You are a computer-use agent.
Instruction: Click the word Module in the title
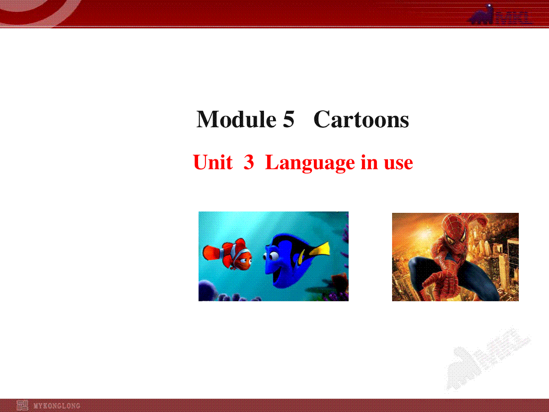237,119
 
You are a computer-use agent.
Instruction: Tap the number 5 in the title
289,119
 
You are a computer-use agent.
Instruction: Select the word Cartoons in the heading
361,119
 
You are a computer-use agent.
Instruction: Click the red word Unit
213,162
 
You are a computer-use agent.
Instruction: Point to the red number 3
248,162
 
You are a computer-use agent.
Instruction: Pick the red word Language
310,163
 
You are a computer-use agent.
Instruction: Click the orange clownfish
227,254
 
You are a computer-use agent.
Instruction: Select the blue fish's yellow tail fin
320,249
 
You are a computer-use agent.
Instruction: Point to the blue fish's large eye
274,255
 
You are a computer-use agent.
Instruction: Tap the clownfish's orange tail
212,253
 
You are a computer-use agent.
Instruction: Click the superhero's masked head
453,231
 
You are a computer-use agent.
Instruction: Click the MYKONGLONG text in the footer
57,406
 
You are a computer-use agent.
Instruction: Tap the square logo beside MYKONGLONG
22,405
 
